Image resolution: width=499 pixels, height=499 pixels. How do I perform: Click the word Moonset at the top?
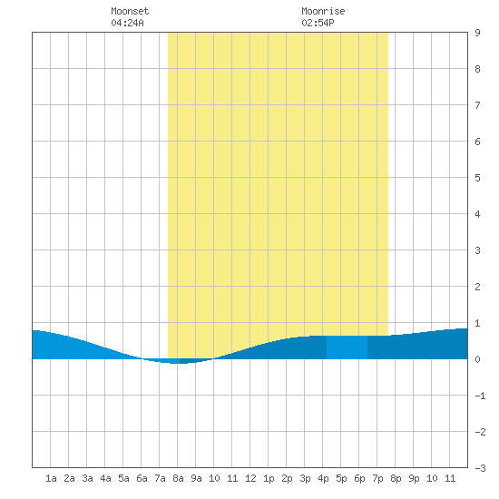pos(130,11)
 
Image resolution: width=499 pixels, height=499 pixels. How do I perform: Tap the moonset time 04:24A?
pos(127,23)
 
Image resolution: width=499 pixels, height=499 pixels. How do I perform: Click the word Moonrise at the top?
pos(323,11)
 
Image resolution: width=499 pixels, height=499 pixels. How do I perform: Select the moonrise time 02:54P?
pos(318,23)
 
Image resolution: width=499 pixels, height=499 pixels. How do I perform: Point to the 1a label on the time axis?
pos(51,478)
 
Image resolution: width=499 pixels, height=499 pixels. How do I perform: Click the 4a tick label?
pos(105,478)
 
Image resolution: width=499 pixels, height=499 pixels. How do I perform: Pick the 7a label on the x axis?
pos(160,478)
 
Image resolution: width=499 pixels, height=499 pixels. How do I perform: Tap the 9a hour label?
pos(196,478)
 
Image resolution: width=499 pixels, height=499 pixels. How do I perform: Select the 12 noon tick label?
pos(250,478)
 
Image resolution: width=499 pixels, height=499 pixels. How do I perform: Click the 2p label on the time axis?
pos(287,478)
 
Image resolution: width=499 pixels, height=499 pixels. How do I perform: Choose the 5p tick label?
pos(341,478)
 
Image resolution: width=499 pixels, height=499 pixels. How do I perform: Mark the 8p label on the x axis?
pos(396,478)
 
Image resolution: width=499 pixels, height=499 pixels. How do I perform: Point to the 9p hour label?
pos(414,478)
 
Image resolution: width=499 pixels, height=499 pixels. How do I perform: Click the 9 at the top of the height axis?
pos(477,33)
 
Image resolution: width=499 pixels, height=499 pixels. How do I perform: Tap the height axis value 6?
pos(477,142)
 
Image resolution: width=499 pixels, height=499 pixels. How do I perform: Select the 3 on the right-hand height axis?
pos(477,250)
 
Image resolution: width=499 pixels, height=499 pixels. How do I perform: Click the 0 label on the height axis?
pos(477,359)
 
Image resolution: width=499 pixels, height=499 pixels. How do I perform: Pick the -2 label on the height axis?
pos(480,432)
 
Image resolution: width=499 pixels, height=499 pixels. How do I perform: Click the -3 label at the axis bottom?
pos(480,468)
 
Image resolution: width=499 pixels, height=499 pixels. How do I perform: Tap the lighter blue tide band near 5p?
pos(347,347)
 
